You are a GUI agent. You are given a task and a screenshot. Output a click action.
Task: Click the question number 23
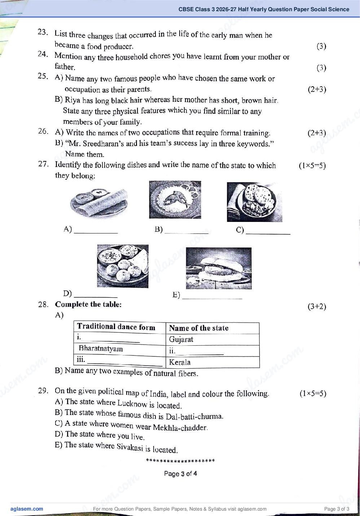(x=43, y=32)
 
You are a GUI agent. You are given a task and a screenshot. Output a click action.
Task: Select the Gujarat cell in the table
(x=212, y=339)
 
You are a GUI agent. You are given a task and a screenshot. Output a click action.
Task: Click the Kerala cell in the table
(x=212, y=362)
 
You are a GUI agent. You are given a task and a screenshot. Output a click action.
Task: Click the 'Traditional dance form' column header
(x=120, y=327)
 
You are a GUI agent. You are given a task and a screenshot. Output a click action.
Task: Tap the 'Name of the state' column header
(x=212, y=328)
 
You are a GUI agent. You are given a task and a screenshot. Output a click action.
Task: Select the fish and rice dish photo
(x=175, y=200)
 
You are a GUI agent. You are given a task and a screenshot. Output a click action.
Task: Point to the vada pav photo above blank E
(x=219, y=268)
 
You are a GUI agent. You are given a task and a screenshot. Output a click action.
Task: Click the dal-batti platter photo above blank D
(x=123, y=266)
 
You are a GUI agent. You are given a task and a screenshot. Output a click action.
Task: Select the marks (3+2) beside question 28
(x=317, y=307)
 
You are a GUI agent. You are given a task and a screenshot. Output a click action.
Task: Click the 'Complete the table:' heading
(x=88, y=304)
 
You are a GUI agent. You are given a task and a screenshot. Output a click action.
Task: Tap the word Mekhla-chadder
(x=180, y=427)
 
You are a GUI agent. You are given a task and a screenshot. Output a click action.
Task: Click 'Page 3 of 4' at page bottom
(x=180, y=474)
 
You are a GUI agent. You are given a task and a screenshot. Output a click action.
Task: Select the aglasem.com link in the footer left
(x=27, y=509)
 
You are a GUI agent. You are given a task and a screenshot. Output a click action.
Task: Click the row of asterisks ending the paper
(x=180, y=461)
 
